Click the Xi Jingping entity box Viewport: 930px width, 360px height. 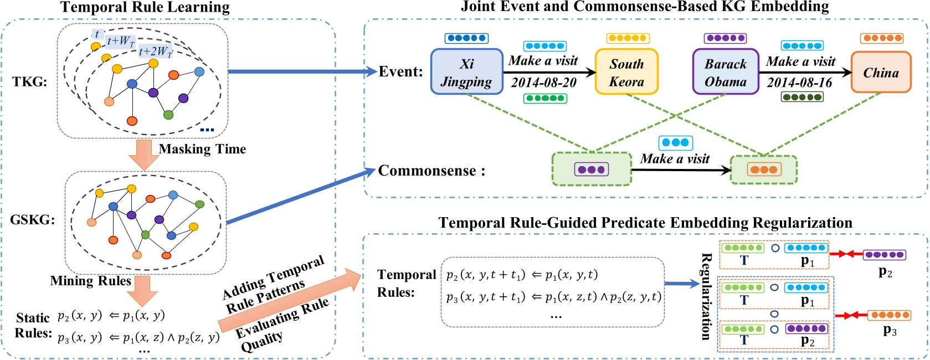(466, 72)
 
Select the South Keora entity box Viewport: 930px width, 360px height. (626, 72)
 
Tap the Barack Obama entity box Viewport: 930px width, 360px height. (725, 72)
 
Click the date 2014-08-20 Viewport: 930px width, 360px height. (543, 83)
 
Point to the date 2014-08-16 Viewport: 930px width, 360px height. (799, 83)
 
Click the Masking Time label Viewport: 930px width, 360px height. (202, 149)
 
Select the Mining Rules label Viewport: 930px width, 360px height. (90, 281)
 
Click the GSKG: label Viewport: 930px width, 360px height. (33, 220)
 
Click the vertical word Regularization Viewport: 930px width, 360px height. (706, 296)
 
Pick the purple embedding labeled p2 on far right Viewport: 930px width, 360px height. (884, 255)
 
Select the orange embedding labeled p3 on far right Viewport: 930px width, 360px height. (888, 315)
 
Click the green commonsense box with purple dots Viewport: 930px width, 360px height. (592, 169)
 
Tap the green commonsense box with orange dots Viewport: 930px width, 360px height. (764, 169)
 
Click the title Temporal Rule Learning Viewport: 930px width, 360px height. (145, 7)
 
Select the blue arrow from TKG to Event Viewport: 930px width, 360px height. (302, 71)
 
